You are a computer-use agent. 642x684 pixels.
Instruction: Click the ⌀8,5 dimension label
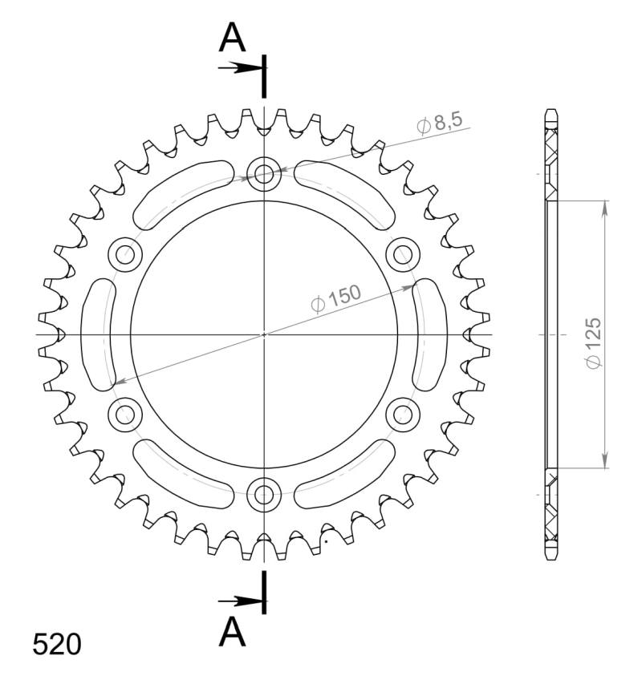point(439,123)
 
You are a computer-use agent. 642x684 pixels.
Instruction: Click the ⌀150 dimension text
point(335,298)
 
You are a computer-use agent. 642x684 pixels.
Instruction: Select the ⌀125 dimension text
point(593,344)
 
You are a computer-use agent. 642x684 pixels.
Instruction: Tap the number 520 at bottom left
point(57,644)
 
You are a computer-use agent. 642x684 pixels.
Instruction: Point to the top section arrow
point(239,67)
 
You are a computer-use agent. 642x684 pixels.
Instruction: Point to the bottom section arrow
point(239,601)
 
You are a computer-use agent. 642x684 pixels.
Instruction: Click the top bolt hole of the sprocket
point(264,174)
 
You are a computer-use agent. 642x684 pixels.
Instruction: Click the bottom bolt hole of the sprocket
point(264,493)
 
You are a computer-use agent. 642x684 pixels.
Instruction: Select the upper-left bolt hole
point(126,254)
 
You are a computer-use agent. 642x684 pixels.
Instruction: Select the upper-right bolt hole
point(402,254)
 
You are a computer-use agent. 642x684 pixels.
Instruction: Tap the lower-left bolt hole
point(126,414)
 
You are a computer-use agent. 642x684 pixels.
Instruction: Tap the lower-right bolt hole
point(402,414)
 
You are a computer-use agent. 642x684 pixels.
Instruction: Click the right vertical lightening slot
point(428,334)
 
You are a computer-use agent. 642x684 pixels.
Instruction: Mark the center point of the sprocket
point(264,334)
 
